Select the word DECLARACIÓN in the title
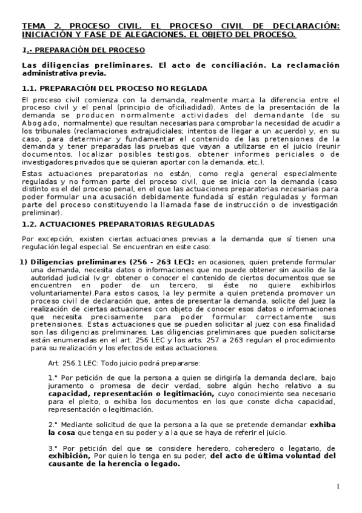(x=308, y=26)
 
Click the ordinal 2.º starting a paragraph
(x=53, y=424)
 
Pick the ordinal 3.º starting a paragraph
(x=53, y=448)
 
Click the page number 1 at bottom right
(x=338, y=487)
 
